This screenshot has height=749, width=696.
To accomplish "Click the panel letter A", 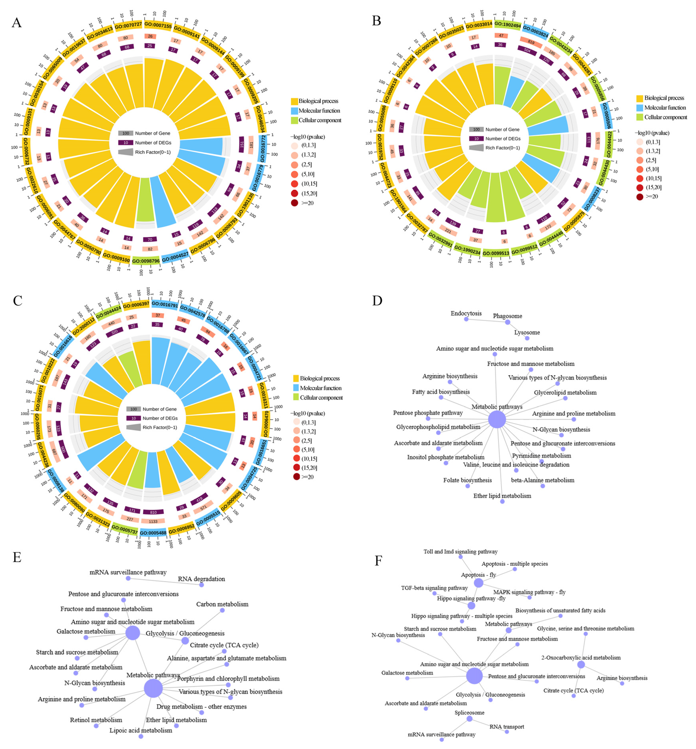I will [17, 23].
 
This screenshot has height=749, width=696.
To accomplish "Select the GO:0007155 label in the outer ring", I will [158, 26].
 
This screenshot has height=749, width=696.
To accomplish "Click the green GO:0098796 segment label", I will [146, 261].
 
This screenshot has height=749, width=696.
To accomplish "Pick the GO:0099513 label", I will [496, 253].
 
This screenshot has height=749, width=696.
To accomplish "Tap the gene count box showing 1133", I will [153, 521].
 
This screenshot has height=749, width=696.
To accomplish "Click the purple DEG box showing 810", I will [153, 512].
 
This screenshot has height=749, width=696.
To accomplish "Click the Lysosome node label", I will [527, 332].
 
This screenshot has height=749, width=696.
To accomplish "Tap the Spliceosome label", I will [469, 712].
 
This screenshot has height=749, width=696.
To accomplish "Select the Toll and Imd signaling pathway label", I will [460, 552].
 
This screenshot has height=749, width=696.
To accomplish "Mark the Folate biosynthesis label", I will [467, 480].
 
